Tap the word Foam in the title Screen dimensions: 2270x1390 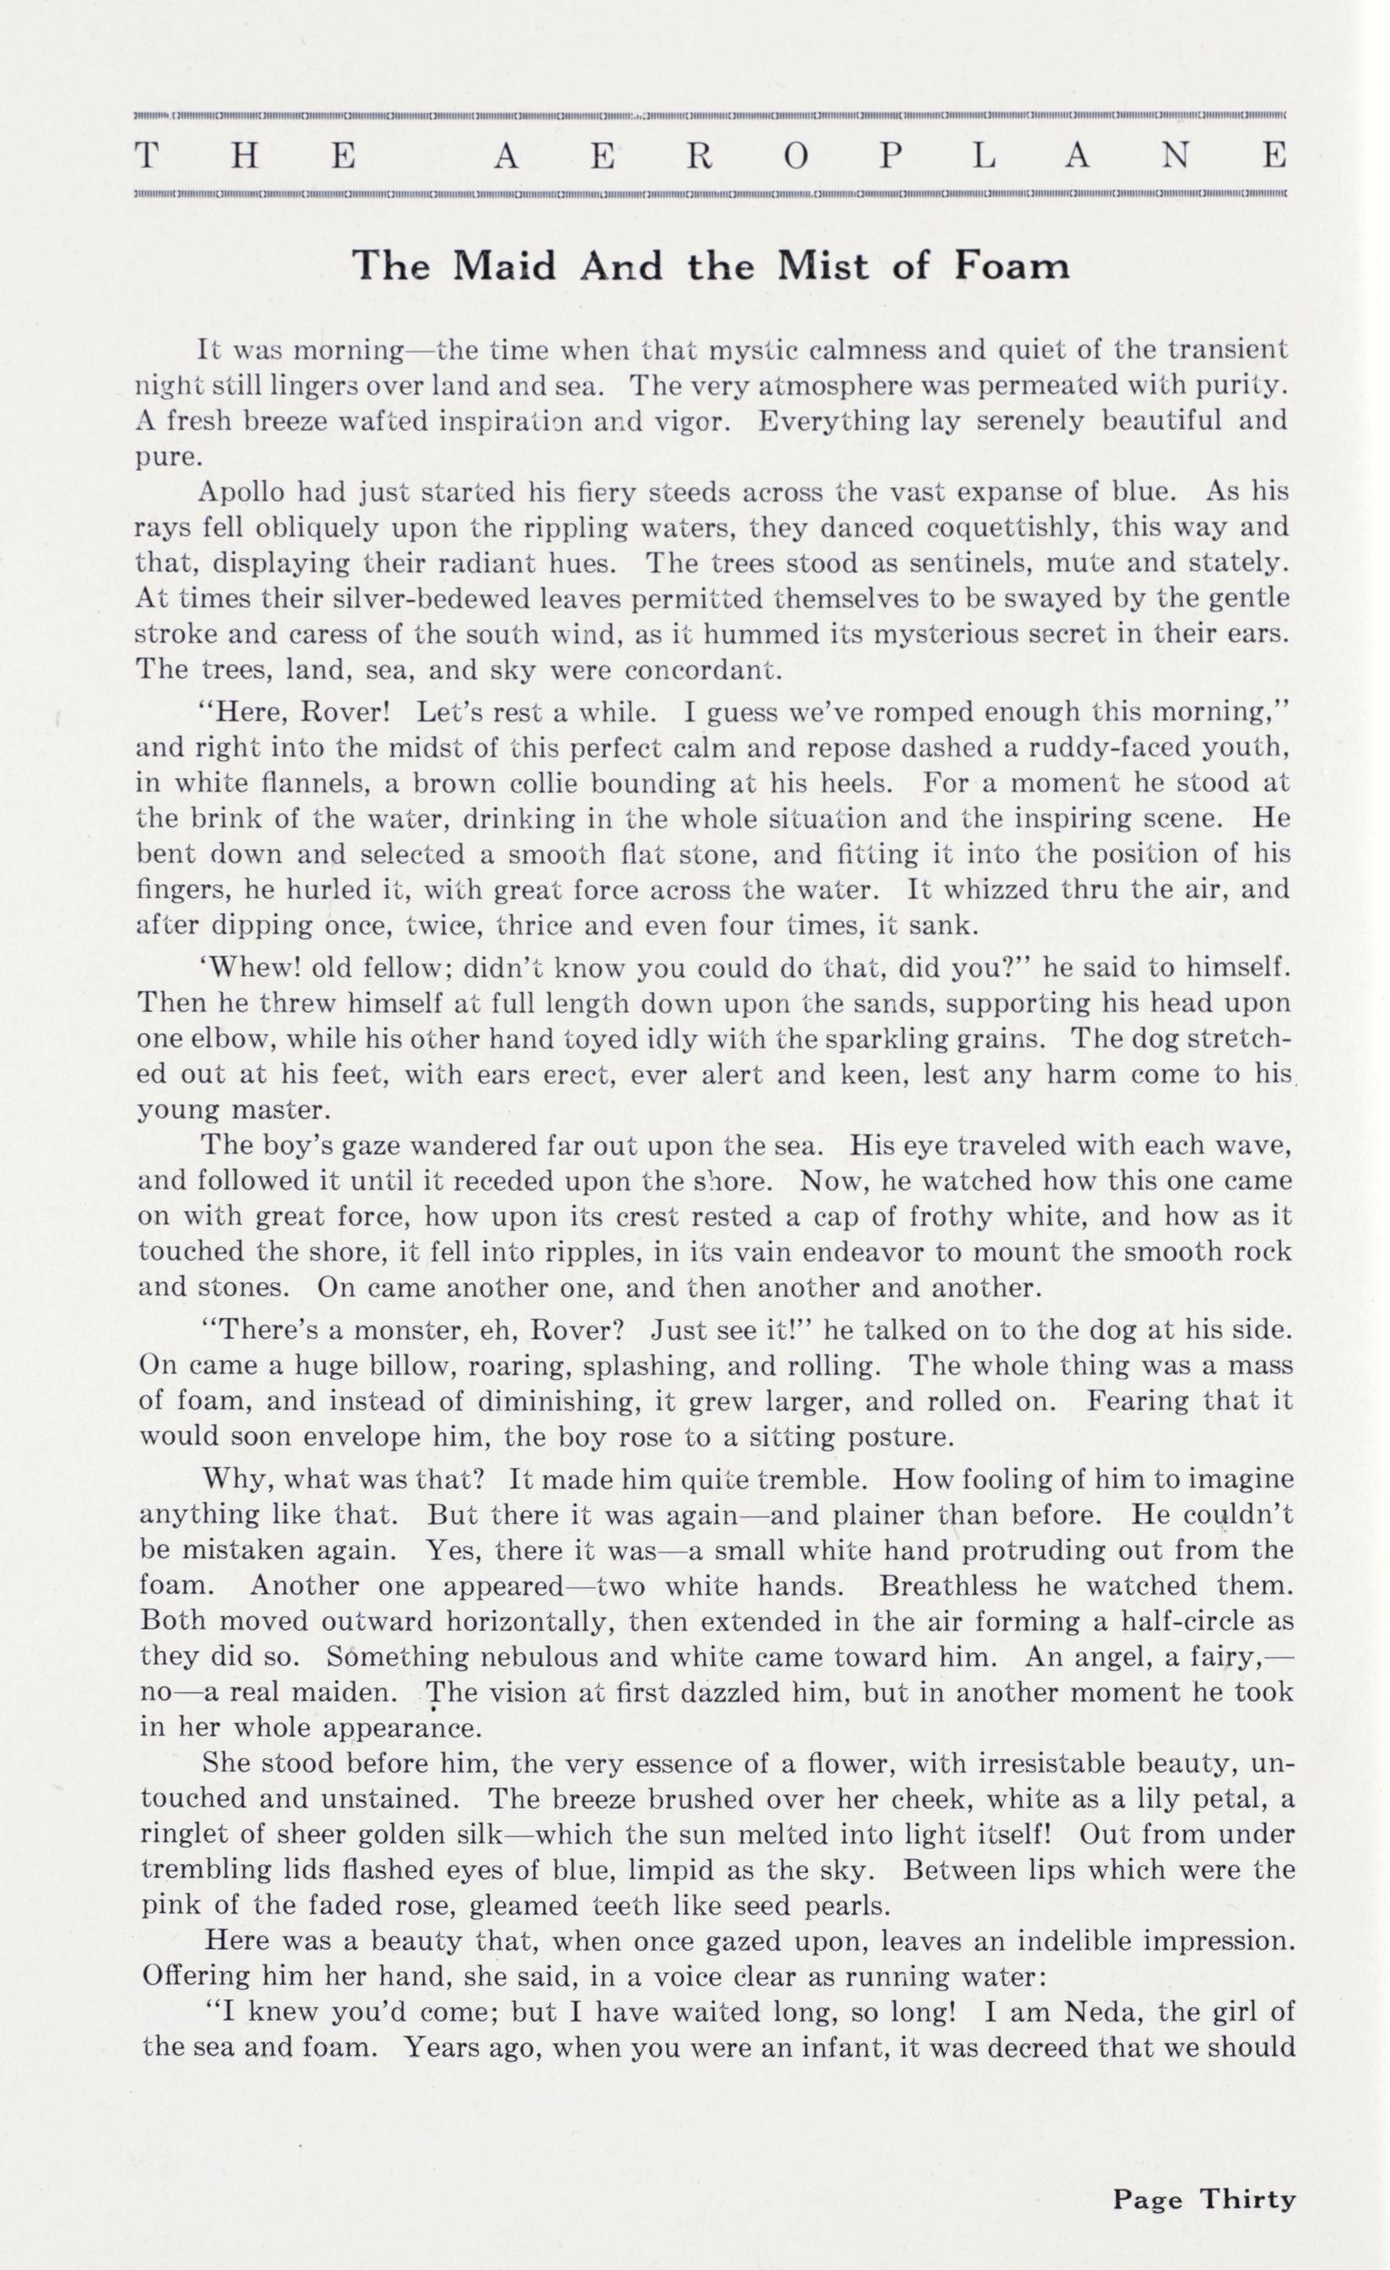[x=1012, y=266]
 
